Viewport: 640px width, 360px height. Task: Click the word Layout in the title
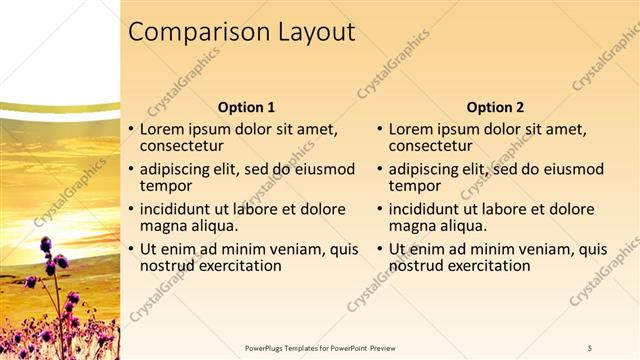[x=318, y=33]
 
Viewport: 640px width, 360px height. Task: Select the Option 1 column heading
[x=246, y=107]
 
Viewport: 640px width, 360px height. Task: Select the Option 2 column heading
[x=495, y=107]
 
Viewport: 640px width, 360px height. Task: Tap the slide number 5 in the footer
[x=590, y=347]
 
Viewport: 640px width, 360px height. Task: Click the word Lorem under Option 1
[x=162, y=129]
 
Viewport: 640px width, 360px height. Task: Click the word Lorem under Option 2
[x=411, y=129]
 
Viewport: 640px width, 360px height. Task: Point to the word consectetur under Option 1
[x=180, y=146]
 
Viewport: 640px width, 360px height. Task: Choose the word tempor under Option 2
[x=412, y=186]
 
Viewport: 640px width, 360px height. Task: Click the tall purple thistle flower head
[x=46, y=244]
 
